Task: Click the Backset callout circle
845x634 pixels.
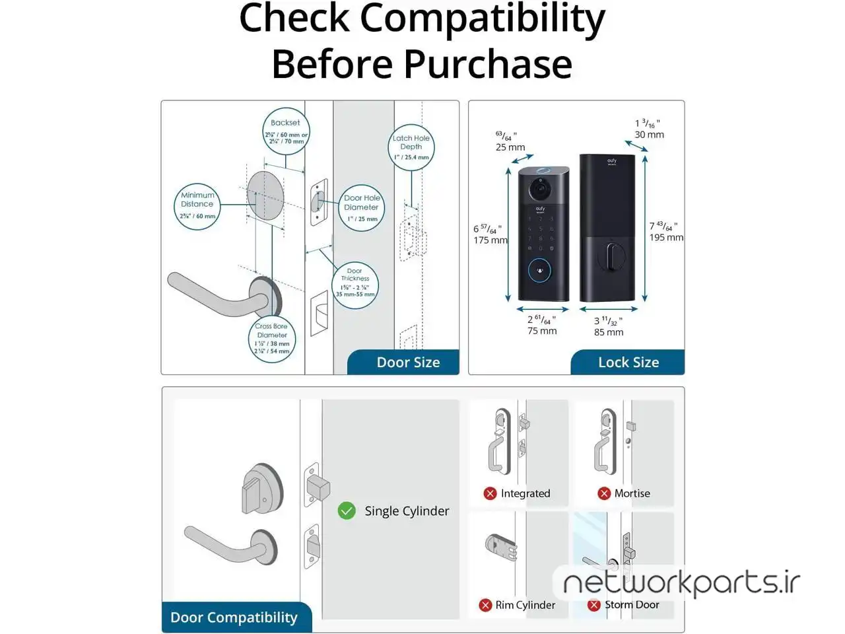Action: [285, 131]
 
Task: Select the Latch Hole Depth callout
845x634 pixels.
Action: [411, 147]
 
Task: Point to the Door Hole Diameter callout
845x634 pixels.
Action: [361, 208]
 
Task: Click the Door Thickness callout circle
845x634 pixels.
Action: [355, 285]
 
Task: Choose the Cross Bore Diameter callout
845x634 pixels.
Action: [272, 339]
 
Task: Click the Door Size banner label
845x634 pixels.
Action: [408, 363]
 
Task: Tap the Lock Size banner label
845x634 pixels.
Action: [628, 363]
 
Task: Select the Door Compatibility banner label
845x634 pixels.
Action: [234, 617]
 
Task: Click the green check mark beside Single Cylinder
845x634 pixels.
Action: [347, 511]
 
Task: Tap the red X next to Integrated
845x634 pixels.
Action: [490, 493]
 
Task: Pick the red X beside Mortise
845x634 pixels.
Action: [604, 493]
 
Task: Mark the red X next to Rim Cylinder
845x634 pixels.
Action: [485, 605]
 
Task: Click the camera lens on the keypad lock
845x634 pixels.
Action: [539, 190]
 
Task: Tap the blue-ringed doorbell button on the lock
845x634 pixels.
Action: [540, 270]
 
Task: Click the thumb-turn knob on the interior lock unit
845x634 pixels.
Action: [611, 256]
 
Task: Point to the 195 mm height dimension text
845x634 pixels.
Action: [666, 238]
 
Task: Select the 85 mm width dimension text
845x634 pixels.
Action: [609, 332]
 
